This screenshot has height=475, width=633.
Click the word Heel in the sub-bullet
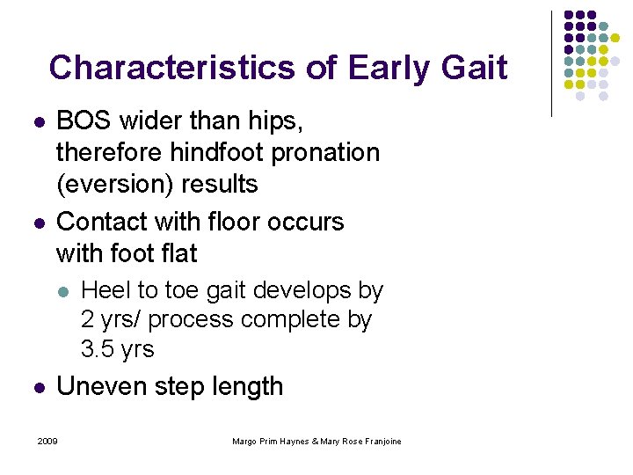point(105,289)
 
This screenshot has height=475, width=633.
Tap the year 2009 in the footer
point(47,441)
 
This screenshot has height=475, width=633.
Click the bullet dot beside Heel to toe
point(61,290)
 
